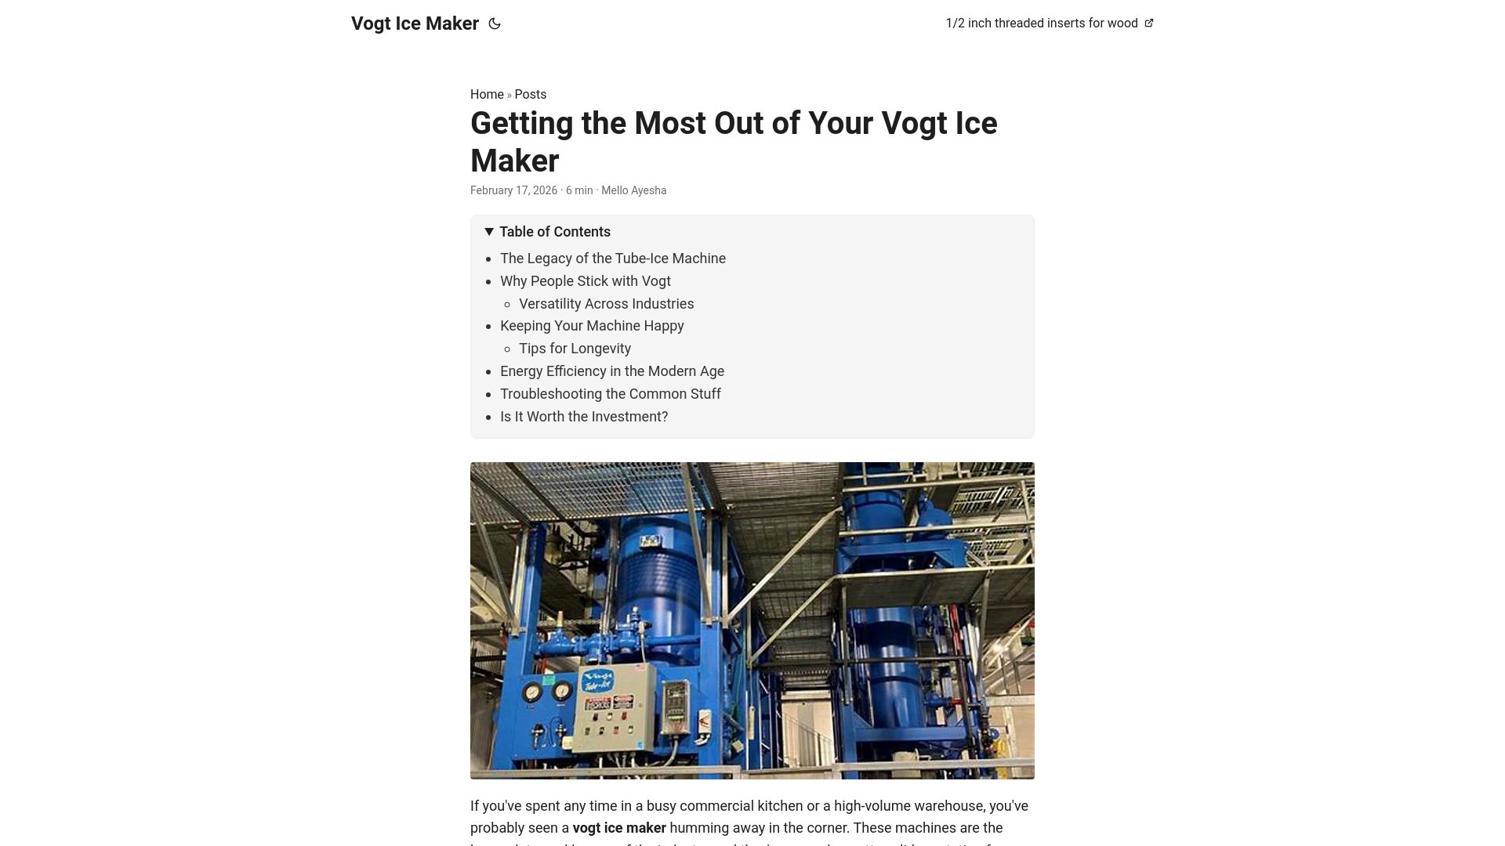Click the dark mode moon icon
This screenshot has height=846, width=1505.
point(495,23)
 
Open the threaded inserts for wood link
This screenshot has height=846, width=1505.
point(1041,23)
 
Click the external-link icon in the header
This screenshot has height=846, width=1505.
point(1149,23)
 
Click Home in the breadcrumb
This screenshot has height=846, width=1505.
point(487,94)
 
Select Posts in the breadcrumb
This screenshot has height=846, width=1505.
point(531,94)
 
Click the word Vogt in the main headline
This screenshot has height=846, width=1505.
point(914,124)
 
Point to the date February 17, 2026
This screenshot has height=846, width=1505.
point(513,190)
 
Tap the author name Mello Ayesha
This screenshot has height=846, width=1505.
point(633,190)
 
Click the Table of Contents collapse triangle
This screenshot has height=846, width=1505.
point(489,231)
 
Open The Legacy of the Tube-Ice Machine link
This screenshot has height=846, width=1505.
point(613,258)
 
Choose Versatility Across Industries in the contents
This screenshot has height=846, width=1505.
point(606,304)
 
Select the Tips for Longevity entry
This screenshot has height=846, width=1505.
point(575,349)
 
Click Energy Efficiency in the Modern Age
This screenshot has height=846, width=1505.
point(612,371)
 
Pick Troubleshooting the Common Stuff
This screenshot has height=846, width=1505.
point(611,394)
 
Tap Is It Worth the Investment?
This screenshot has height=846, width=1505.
point(584,417)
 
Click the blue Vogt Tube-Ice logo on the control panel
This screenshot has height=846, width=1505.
point(599,681)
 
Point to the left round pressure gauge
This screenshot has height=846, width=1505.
point(533,692)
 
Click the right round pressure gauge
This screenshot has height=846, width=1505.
point(561,691)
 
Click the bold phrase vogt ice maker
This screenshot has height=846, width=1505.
point(619,828)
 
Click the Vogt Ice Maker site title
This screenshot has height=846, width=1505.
point(415,23)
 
